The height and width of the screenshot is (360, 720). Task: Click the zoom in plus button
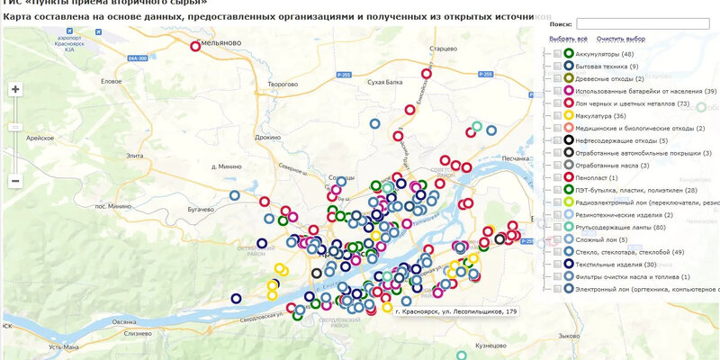pos(15,89)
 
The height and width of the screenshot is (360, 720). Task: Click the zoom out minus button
pos(15,181)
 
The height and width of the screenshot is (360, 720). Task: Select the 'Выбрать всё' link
pos(568,40)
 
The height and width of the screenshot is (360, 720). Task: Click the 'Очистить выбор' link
pos(621,40)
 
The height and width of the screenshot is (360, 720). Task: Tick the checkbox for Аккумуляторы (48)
pos(557,55)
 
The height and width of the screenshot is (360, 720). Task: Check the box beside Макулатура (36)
pos(557,115)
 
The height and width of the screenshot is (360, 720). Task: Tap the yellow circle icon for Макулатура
pos(569,115)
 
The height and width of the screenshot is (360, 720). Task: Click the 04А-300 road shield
pos(137,58)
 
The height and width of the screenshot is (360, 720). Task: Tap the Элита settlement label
pos(135,156)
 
